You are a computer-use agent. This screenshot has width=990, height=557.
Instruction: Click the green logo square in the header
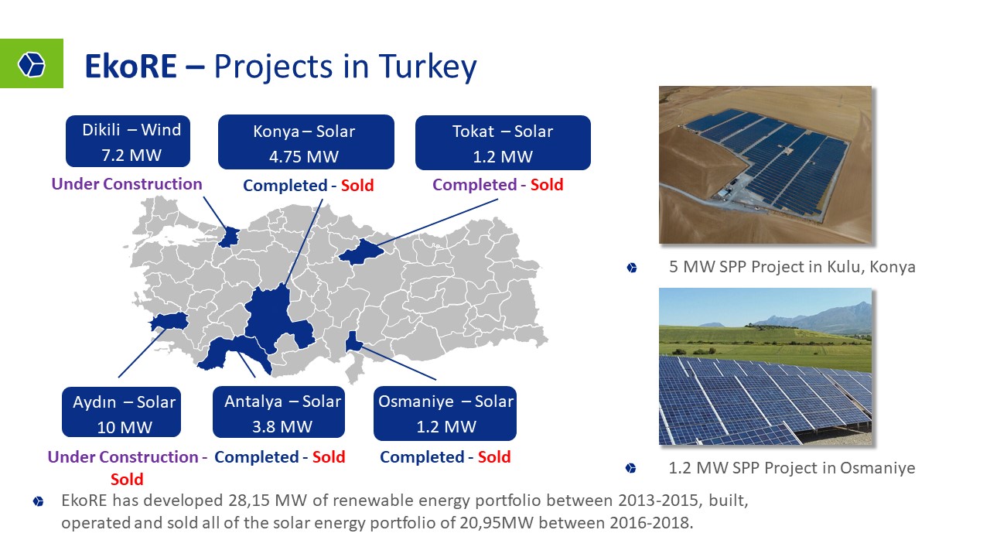[x=32, y=63]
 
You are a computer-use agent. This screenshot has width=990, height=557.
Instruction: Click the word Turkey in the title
[x=428, y=67]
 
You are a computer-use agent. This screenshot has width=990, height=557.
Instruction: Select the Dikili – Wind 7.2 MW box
[x=128, y=142]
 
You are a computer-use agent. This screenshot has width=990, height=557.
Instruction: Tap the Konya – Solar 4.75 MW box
[x=306, y=142]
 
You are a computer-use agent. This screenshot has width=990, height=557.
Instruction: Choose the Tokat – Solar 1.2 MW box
[x=503, y=143]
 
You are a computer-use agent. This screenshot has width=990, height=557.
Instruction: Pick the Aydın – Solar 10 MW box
[x=121, y=412]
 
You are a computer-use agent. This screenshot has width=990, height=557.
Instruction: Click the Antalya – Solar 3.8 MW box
[x=279, y=412]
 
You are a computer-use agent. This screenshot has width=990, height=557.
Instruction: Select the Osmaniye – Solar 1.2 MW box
[x=445, y=413]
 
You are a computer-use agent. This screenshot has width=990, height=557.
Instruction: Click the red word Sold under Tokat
[x=547, y=185]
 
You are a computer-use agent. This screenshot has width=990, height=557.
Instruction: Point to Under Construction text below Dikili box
[x=127, y=184]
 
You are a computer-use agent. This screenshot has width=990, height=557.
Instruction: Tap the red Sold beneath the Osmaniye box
[x=494, y=457]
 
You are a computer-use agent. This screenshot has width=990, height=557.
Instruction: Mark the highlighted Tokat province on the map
[x=361, y=251]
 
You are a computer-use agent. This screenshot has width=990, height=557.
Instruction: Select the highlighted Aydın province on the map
[x=169, y=321]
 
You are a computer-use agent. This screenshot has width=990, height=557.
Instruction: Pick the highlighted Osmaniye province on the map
[x=353, y=341]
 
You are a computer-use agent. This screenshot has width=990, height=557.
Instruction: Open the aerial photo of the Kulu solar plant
[x=765, y=165]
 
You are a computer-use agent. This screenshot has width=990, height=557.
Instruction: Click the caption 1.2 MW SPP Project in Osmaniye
[x=791, y=468]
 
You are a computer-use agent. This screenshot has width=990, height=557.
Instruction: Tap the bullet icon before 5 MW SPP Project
[x=632, y=268]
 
